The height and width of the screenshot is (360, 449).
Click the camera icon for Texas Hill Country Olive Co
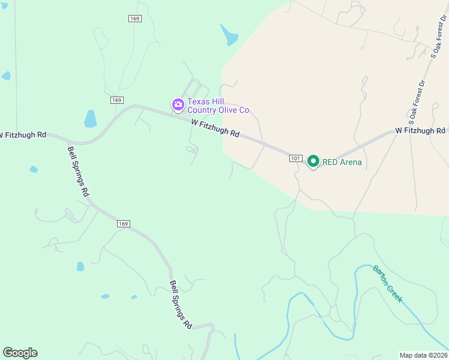click(178, 105)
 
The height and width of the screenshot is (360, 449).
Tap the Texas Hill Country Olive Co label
click(218, 106)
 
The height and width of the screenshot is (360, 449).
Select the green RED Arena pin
click(313, 161)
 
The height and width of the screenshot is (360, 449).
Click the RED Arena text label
click(342, 162)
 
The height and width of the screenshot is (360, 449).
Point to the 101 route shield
click(295, 158)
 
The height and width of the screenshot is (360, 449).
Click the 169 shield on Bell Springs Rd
click(123, 224)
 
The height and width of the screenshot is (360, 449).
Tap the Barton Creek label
click(387, 283)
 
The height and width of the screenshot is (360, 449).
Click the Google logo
click(20, 353)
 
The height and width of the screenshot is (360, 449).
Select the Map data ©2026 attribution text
click(423, 355)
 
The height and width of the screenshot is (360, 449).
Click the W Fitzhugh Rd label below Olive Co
click(215, 128)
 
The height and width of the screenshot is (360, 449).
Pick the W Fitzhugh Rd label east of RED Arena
click(420, 130)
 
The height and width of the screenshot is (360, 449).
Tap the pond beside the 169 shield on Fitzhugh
click(91, 119)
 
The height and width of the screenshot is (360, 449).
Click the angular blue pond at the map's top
click(229, 35)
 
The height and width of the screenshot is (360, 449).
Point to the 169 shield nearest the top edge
click(134, 19)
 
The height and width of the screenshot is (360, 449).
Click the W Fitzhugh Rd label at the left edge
click(23, 134)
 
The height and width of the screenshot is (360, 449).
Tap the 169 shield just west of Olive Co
click(117, 100)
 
